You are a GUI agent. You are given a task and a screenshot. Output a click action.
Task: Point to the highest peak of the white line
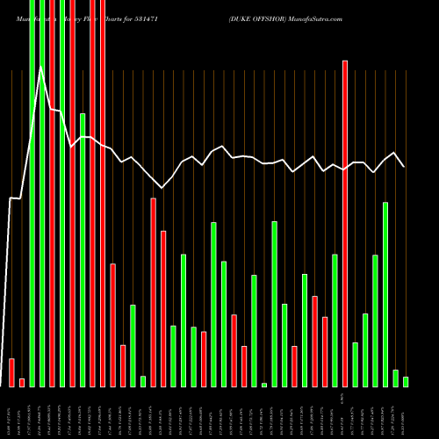[x=41, y=67]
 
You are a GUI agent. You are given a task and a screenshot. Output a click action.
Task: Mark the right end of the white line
[x=404, y=166]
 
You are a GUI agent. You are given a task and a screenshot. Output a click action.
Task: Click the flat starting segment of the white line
[x=15, y=199]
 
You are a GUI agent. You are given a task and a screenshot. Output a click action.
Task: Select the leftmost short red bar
[x=11, y=372]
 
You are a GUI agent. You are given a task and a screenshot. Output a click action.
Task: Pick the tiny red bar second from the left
[x=21, y=382]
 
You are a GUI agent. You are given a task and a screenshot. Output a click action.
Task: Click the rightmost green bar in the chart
[x=405, y=381]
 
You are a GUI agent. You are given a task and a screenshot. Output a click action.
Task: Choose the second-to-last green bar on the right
[x=395, y=378]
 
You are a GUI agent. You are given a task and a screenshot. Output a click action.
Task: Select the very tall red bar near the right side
[x=344, y=223]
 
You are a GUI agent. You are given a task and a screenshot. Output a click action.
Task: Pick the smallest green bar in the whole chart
[x=263, y=385]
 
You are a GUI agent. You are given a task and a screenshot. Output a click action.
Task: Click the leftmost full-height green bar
[x=32, y=193]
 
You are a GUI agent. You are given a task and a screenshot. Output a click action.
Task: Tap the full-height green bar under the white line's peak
[x=41, y=193]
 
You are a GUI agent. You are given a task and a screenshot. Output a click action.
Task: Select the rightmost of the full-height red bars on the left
[x=102, y=193]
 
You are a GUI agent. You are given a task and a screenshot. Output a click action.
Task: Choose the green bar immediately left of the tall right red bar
[x=335, y=320]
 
